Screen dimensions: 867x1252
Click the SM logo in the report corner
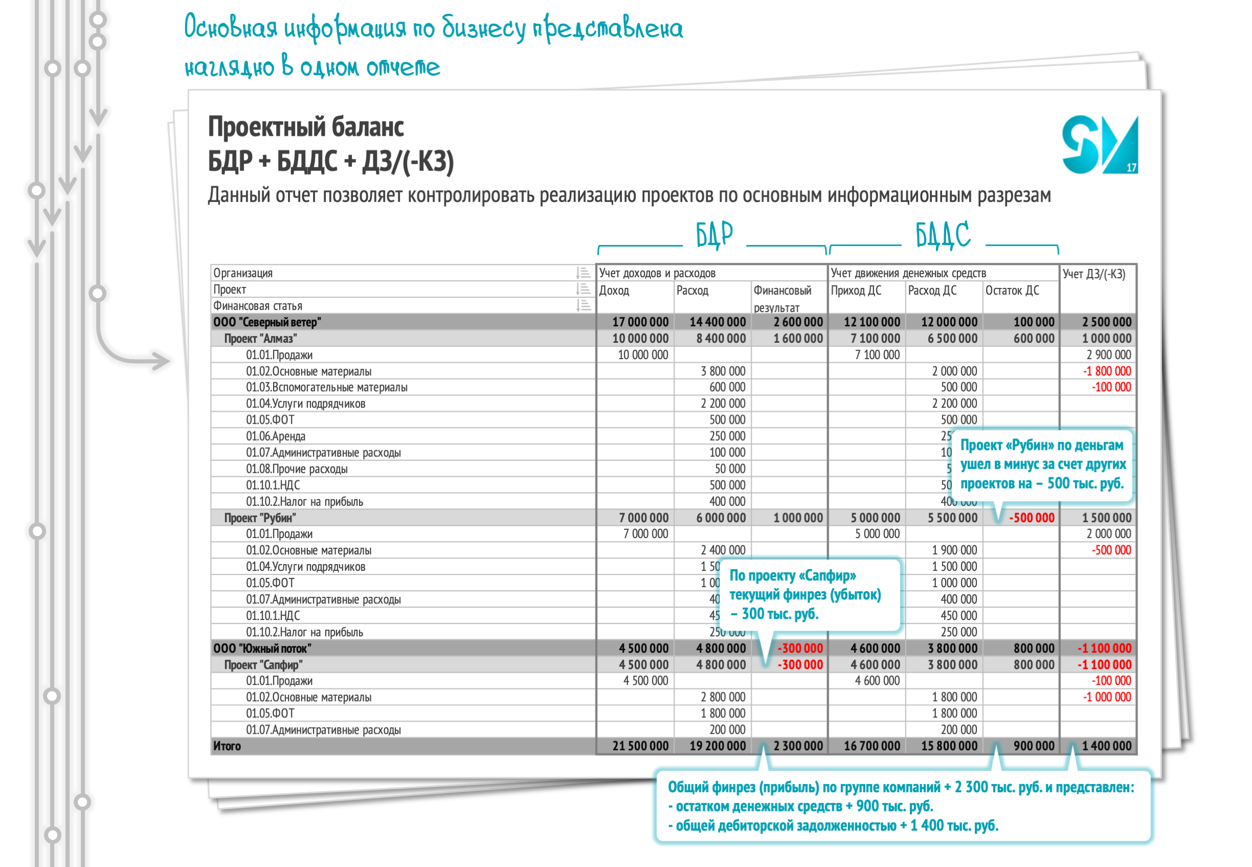[1099, 145]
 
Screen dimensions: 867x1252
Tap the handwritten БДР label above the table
[714, 235]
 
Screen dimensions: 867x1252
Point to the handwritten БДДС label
[943, 235]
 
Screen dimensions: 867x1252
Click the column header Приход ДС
[855, 291]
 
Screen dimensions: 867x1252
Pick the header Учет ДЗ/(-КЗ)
[1094, 274]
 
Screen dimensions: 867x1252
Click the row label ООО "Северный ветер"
[267, 322]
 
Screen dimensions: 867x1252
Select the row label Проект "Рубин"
[260, 518]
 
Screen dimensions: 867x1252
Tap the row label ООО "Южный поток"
[262, 648]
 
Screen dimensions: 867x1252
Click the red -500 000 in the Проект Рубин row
[1031, 518]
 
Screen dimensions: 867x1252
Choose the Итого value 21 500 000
[640, 746]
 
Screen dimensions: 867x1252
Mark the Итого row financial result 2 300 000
[798, 746]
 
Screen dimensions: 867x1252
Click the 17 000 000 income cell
[640, 322]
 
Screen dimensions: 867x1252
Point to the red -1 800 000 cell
[1107, 371]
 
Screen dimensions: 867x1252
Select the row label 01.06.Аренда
[276, 436]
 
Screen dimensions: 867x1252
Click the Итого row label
[227, 746]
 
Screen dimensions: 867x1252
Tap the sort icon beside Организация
[583, 273]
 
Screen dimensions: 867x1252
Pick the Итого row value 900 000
[1033, 746]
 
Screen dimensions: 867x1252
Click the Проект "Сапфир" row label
[263, 665]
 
